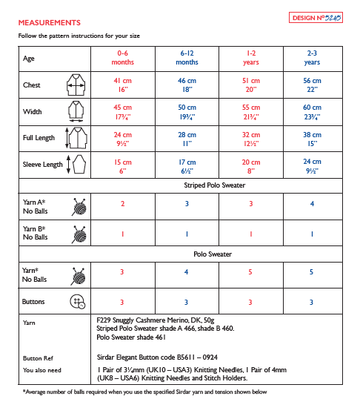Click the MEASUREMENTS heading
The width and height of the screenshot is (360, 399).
[x=50, y=23]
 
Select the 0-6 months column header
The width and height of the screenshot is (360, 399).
[x=122, y=58]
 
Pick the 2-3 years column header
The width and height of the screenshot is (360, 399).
[x=312, y=58]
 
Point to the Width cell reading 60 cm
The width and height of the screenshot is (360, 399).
[x=312, y=111]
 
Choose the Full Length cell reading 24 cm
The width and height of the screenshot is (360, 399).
[x=122, y=139]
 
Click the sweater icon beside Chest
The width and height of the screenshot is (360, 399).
[x=76, y=85]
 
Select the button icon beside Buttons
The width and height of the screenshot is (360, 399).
[x=76, y=302]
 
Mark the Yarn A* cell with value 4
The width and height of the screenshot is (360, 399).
[x=312, y=204]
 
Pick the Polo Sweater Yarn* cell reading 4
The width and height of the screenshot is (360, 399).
[x=186, y=272]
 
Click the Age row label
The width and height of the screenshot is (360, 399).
[x=29, y=58]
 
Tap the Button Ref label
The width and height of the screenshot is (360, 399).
[x=37, y=357]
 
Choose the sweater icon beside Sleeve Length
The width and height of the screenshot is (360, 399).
[x=76, y=165]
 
